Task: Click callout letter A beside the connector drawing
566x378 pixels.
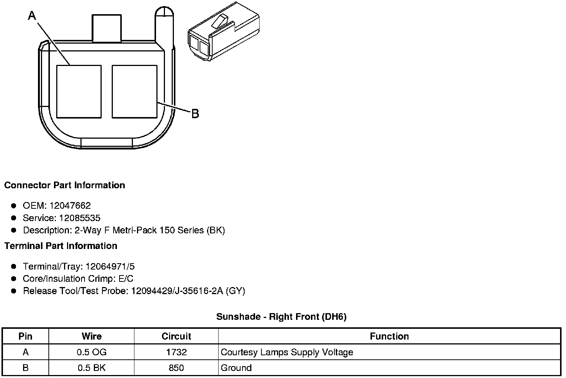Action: click(32, 16)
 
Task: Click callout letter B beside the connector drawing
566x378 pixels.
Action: click(195, 113)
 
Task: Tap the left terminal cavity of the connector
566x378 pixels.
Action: click(79, 91)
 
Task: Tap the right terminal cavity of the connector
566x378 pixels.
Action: click(134, 91)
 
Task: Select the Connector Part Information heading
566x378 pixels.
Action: click(64, 185)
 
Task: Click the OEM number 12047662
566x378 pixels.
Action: click(70, 205)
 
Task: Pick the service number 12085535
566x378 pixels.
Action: click(80, 218)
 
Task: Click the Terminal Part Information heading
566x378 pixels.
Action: click(61, 246)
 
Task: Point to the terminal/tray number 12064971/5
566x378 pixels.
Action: click(110, 266)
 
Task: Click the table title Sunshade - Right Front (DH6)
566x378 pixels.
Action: click(281, 316)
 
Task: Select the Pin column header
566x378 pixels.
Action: click(25, 336)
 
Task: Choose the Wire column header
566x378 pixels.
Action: click(91, 336)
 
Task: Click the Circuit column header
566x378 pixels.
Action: click(176, 336)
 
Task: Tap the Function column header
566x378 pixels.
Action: click(389, 336)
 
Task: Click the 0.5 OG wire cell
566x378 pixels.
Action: click(91, 352)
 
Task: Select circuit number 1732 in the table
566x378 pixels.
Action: click(176, 352)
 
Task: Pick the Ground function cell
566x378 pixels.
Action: click(236, 368)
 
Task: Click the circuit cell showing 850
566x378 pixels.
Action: click(176, 368)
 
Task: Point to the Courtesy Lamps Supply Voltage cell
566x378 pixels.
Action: click(287, 352)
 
